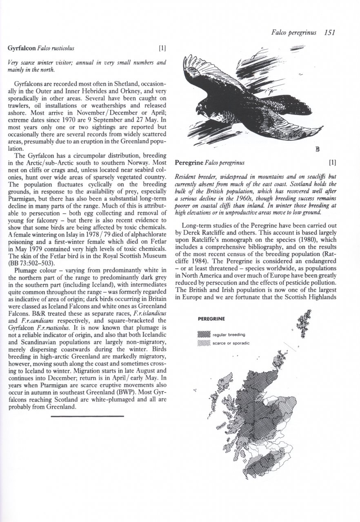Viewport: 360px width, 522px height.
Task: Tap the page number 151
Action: (x=327, y=33)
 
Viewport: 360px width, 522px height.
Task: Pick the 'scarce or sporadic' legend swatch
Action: (x=204, y=343)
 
